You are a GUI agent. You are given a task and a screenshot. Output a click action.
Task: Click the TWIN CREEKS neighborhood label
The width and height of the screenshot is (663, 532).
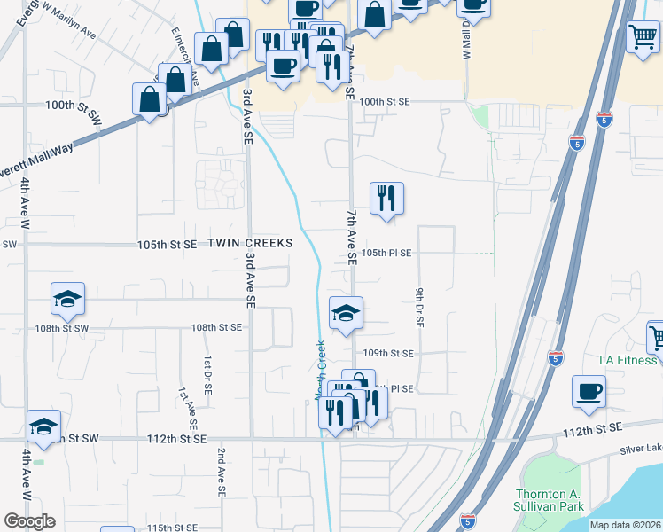coord(250,243)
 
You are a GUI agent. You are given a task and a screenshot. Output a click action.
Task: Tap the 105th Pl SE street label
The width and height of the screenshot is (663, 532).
coord(386,253)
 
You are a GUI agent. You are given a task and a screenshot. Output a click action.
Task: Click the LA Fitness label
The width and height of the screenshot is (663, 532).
coord(628,360)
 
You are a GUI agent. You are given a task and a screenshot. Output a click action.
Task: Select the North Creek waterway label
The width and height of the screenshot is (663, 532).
coord(321,371)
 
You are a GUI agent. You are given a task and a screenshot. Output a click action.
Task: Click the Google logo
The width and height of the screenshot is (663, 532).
coord(28,521)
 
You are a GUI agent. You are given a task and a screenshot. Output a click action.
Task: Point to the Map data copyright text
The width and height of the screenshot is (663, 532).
coord(625,525)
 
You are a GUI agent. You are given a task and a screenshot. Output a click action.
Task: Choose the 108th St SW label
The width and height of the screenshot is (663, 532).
coord(63,328)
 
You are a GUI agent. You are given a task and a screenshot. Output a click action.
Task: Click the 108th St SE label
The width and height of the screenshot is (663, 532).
coord(216,327)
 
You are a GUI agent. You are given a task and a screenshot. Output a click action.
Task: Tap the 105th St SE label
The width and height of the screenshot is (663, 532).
coord(167,244)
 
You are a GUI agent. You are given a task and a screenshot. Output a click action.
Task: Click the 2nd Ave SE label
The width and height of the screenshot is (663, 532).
coord(222,471)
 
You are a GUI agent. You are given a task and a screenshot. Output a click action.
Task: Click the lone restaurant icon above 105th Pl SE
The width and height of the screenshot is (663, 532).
coord(386,199)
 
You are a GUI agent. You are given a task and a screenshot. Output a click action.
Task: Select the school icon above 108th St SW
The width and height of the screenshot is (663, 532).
coord(67,300)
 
